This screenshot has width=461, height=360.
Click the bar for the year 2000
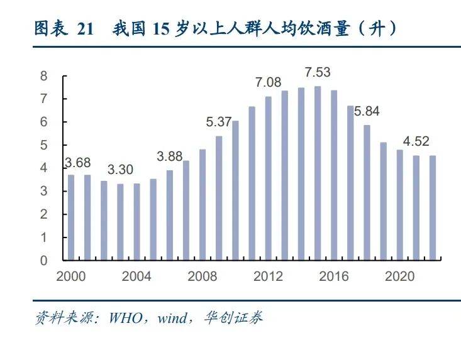pyautogui.click(x=71, y=217)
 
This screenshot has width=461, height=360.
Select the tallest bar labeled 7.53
pyautogui.click(x=318, y=173)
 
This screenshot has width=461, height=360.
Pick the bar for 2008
pyautogui.click(x=203, y=204)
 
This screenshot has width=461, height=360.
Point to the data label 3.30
pyautogui.click(x=119, y=170)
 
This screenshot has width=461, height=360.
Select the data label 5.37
pyautogui.click(x=219, y=122)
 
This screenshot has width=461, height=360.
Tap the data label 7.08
pyautogui.click(x=269, y=82)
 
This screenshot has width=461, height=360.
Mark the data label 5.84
pyautogui.click(x=367, y=111)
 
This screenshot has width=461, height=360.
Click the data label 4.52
pyautogui.click(x=416, y=141)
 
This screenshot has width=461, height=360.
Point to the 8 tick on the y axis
pyautogui.click(x=44, y=76)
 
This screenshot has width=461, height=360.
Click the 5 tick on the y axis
pyautogui.click(x=44, y=145)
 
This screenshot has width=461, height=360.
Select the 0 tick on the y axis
pyautogui.click(x=44, y=260)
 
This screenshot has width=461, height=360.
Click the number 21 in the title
pyautogui.click(x=86, y=29)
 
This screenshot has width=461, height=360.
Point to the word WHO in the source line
pyautogui.click(x=126, y=318)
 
